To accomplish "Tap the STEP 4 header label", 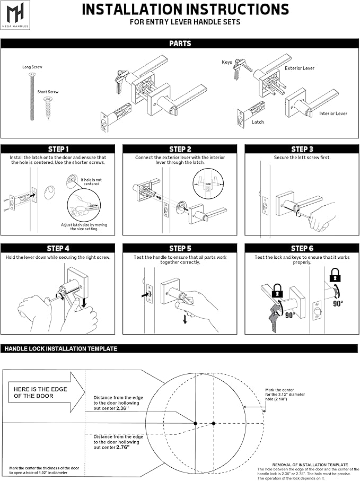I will (x=58, y=248).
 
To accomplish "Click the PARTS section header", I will (x=180, y=44).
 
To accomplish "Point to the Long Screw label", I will (x=32, y=67).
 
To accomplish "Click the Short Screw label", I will (x=48, y=92).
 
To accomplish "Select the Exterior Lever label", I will (x=300, y=68).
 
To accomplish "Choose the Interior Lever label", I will (x=333, y=113).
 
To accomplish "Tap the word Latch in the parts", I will (x=258, y=122).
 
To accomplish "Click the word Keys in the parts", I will (x=227, y=62).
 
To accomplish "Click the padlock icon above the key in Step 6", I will (x=277, y=291).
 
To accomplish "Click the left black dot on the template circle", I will (x=196, y=423).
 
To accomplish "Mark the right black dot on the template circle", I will (x=214, y=423).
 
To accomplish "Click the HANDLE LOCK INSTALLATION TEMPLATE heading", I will (x=61, y=349).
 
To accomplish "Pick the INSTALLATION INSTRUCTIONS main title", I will (x=186, y=9).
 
